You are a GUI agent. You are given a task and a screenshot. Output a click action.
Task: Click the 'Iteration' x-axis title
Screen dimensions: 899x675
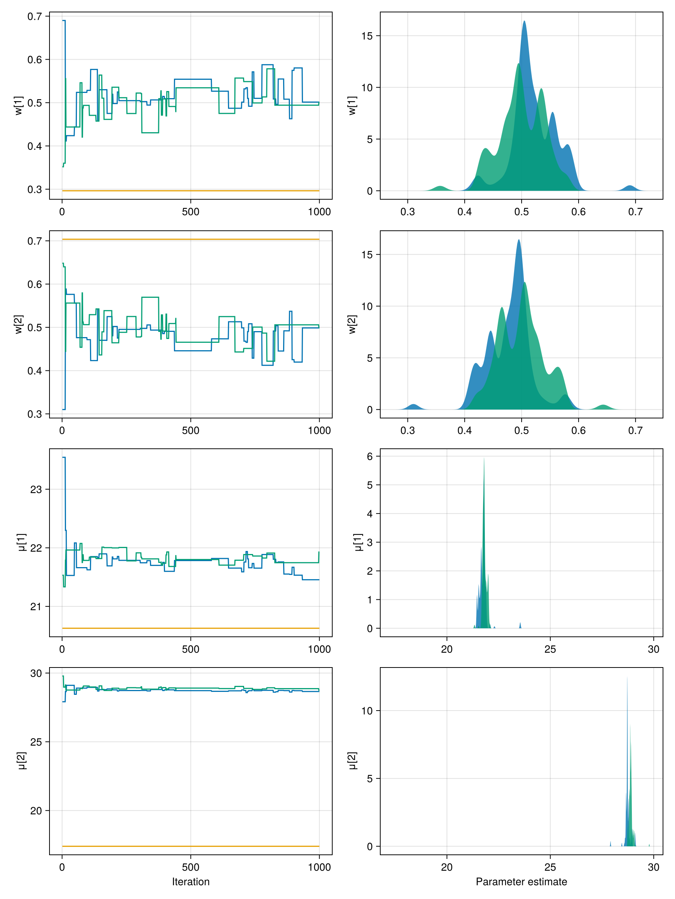(190, 881)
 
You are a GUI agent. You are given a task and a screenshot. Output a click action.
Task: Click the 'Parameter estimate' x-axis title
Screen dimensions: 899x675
(521, 881)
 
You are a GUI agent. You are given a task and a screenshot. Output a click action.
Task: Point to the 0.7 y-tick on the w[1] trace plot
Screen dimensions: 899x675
(34, 16)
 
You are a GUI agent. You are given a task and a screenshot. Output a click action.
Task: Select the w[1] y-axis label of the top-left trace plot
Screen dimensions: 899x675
(19, 106)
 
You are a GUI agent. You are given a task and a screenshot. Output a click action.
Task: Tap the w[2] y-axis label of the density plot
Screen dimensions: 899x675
(352, 324)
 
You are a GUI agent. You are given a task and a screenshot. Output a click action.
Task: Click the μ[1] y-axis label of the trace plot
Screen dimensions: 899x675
(22, 542)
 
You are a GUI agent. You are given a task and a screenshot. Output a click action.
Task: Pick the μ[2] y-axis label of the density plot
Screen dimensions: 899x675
(352, 760)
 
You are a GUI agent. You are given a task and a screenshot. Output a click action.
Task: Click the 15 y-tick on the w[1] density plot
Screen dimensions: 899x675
(367, 36)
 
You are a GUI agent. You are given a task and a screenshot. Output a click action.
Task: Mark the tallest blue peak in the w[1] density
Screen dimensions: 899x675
(524, 22)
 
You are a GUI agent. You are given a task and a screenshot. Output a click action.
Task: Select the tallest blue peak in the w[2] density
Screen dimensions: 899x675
(519, 240)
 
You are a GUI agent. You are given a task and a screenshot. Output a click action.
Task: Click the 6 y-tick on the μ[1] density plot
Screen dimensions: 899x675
(369, 456)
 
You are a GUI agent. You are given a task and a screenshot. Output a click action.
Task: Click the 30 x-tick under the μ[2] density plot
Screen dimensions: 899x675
(653, 867)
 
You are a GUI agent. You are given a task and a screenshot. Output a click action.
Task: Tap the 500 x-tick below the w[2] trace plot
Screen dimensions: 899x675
(190, 430)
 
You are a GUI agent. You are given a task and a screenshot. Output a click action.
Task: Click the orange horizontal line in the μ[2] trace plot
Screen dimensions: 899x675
(190, 847)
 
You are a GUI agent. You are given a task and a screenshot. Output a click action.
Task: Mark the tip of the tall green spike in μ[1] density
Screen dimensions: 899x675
(484, 458)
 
